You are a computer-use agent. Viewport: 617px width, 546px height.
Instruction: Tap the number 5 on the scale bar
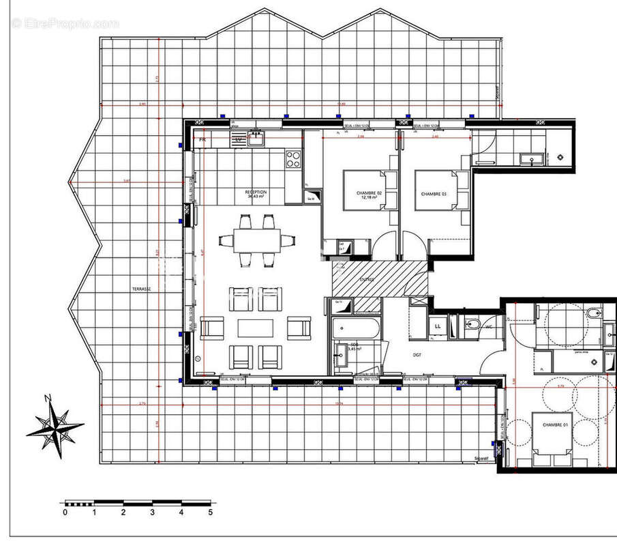point(211,512)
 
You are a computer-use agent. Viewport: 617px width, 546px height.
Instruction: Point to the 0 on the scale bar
point(65,512)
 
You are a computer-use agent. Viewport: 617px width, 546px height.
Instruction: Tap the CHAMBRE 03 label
point(434,195)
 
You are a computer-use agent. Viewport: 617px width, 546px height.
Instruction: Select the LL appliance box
point(437,326)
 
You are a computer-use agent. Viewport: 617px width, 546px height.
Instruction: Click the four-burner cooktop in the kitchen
point(292,160)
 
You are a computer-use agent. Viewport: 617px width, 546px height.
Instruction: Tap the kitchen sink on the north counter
point(256,139)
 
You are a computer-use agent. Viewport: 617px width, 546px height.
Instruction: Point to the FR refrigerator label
point(202,140)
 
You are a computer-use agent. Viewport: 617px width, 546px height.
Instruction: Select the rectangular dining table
point(258,240)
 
